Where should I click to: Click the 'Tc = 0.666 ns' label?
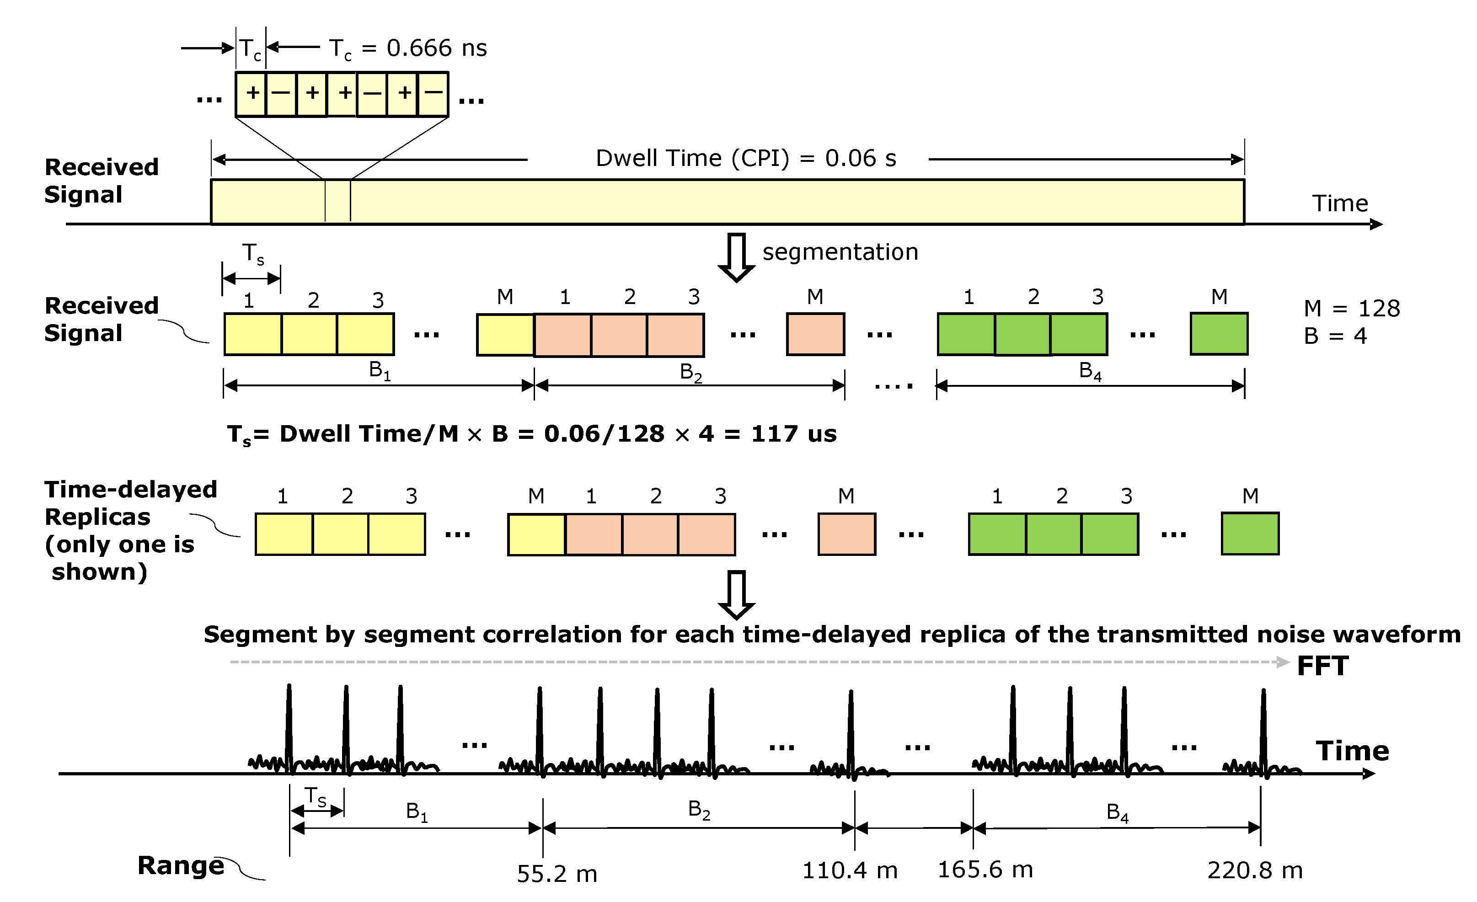click(407, 48)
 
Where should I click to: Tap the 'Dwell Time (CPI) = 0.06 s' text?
click(746, 159)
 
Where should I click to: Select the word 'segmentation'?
click(840, 252)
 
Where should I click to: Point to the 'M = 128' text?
click(1352, 309)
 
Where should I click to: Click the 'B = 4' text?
click(1335, 336)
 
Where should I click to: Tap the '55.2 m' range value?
click(557, 874)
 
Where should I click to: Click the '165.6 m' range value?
click(985, 870)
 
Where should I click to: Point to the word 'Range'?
click(181, 865)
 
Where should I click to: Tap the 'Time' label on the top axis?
click(1340, 204)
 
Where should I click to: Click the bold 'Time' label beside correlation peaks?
click(1352, 751)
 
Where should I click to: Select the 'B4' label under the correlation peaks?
click(1117, 813)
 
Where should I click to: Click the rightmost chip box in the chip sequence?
click(433, 94)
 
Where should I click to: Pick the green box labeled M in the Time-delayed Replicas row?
click(1250, 534)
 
